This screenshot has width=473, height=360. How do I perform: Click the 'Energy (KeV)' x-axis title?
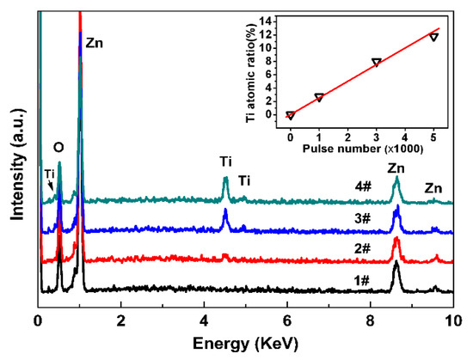[x=245, y=345]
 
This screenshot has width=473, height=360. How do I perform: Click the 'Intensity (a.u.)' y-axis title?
[x=16, y=157]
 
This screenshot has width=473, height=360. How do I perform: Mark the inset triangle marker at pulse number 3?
[x=376, y=63]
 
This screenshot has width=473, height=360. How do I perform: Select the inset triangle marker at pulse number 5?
[x=433, y=37]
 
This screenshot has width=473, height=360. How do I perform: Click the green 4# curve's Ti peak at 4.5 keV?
[x=225, y=180]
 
